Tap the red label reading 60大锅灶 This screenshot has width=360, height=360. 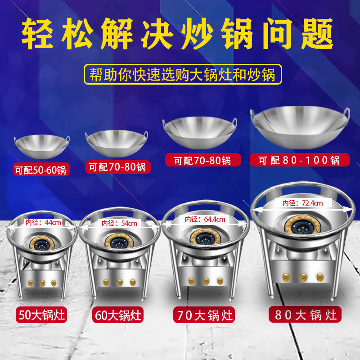pyautogui.click(x=118, y=315)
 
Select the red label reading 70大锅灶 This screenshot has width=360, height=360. pyautogui.click(x=203, y=314)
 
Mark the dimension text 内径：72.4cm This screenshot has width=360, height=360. pyautogui.click(x=302, y=203)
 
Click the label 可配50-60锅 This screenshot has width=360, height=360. pyautogui.click(x=41, y=170)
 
